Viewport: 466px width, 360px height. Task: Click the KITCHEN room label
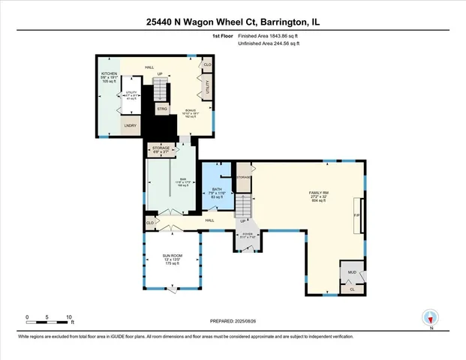110,73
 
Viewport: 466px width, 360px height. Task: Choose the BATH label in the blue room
218,189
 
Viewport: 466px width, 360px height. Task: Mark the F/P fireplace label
356,215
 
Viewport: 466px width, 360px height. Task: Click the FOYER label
247,235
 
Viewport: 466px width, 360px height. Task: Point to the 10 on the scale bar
69,317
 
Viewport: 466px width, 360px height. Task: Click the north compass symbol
429,318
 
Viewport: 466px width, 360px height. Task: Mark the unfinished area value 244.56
284,44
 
